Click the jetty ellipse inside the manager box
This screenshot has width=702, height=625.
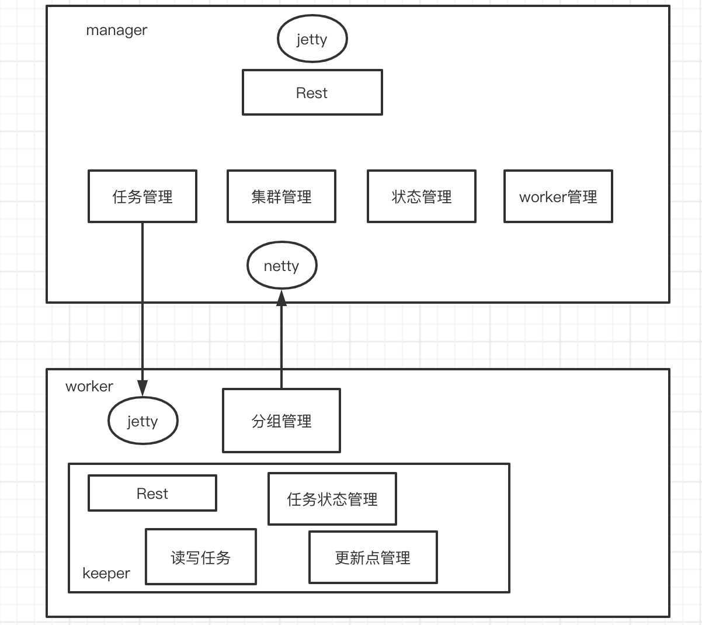click(x=312, y=39)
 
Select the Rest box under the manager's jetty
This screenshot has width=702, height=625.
click(x=312, y=93)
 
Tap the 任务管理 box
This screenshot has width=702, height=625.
click(x=143, y=196)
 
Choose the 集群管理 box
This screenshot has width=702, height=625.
click(x=281, y=196)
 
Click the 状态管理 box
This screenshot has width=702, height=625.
click(x=421, y=196)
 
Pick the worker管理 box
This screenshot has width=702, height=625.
click(x=558, y=196)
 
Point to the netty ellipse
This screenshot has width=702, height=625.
click(x=282, y=266)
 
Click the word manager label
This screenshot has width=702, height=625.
click(x=117, y=30)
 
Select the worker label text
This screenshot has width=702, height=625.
click(x=89, y=386)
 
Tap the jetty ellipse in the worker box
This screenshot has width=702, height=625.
click(x=143, y=421)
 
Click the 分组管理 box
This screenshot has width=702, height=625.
click(x=281, y=421)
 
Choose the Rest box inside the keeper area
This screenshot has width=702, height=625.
click(x=152, y=494)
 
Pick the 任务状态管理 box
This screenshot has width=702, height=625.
click(x=332, y=499)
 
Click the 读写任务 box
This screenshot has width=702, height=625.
click(x=200, y=557)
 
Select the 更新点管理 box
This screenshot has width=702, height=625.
click(x=373, y=557)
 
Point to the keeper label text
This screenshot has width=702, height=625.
click(x=106, y=573)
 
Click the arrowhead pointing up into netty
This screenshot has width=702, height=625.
click(x=282, y=297)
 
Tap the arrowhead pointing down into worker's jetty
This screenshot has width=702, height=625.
click(x=143, y=388)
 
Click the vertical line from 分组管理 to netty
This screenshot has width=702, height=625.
click(x=282, y=345)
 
